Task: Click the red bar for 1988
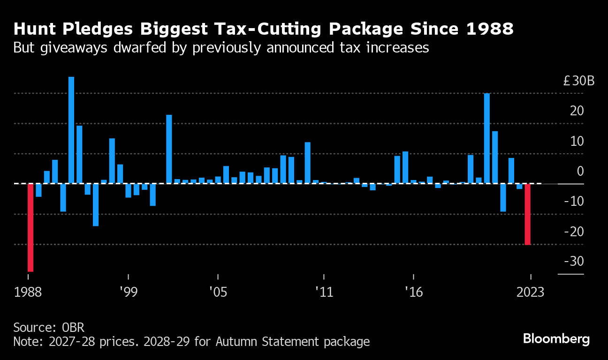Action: [x=30, y=227]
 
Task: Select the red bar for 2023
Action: [x=527, y=214]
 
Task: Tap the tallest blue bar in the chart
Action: [x=71, y=130]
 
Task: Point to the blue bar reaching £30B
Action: [x=487, y=138]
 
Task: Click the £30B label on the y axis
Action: [x=579, y=81]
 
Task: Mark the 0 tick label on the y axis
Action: [x=580, y=171]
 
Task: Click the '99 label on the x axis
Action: [x=128, y=292]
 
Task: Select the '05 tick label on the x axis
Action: [x=218, y=292]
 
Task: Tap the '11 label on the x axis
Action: [x=324, y=292]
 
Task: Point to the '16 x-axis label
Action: [x=413, y=292]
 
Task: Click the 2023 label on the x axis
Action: [x=530, y=292]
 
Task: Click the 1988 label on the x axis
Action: [x=28, y=292]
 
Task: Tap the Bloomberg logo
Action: [x=556, y=339]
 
